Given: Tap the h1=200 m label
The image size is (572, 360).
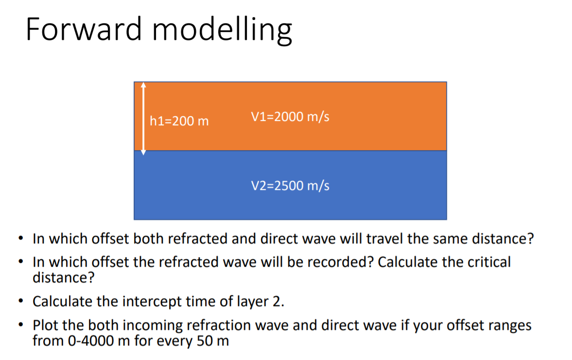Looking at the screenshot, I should coord(179,121).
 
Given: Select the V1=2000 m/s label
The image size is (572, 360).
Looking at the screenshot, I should coord(290,117).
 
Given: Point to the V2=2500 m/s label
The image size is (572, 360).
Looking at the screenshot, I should coord(290,186).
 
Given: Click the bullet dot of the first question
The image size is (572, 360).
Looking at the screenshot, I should coord(20,239).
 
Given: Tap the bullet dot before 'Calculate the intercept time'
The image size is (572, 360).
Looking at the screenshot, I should coord(20,302).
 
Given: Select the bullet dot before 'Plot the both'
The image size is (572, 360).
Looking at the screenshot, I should coord(20,325).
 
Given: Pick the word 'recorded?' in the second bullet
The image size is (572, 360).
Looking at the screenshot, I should coord(344,262).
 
